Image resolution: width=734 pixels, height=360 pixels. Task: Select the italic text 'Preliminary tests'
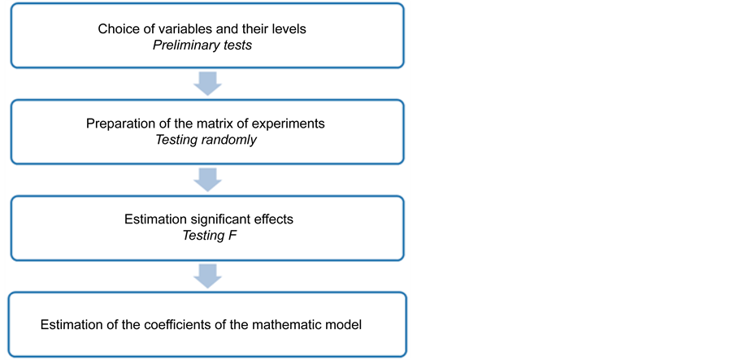pyautogui.click(x=202, y=46)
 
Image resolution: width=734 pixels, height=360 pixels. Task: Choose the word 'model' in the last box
pyautogui.click(x=344, y=325)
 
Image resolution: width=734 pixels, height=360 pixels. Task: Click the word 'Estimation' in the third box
pyautogui.click(x=155, y=219)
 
